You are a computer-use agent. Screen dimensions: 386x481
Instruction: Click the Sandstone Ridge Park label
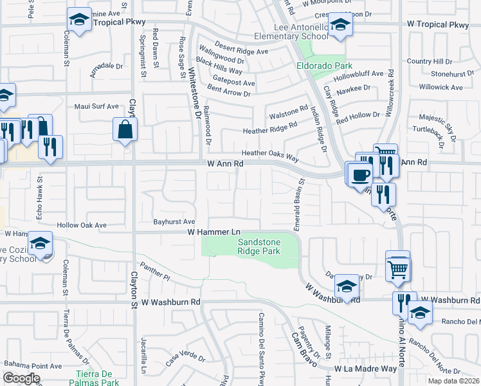tap(259, 246)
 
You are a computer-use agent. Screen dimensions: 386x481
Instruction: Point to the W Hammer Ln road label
tap(213, 232)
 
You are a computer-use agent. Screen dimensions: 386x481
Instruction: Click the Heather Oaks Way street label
tap(271, 153)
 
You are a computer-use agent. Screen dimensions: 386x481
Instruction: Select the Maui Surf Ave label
tap(96, 106)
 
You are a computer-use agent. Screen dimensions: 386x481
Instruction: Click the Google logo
tap(22, 378)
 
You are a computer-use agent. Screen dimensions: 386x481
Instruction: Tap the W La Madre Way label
tap(365, 369)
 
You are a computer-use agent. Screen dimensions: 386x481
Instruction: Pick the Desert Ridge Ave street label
tap(241, 51)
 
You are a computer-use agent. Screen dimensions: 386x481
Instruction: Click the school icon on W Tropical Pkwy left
tap(79, 21)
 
